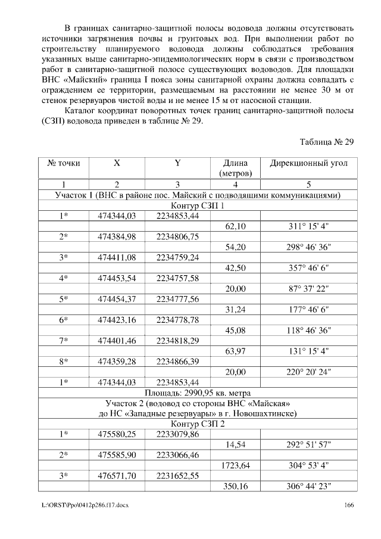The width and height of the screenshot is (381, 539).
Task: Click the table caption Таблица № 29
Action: [x=327, y=141]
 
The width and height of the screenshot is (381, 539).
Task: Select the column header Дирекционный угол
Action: [x=309, y=163]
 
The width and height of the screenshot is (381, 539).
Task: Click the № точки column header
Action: [x=63, y=163]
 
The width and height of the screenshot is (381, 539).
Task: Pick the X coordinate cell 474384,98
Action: [x=117, y=237]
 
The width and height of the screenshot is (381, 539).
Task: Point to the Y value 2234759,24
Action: [x=177, y=258]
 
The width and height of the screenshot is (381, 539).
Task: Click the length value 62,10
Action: [x=236, y=227]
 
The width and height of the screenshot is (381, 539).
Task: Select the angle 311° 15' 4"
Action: [x=309, y=227]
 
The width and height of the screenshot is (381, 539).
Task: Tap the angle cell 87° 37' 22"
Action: [x=309, y=289]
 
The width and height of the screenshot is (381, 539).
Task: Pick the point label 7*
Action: [x=63, y=341]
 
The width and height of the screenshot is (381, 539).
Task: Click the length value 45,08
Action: [x=236, y=330]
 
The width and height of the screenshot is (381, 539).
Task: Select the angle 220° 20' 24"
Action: [x=309, y=372]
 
